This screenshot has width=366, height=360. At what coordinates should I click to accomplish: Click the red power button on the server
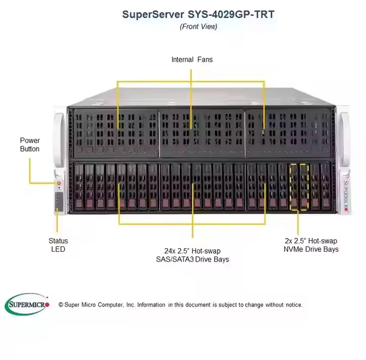click(x=59, y=183)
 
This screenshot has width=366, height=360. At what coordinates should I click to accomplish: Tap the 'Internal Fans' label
click(x=192, y=59)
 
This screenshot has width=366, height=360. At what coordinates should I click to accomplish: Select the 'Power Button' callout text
click(x=29, y=145)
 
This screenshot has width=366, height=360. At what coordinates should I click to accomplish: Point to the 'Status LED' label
click(x=58, y=245)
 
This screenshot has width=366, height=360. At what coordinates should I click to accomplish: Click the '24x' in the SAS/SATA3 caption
click(x=170, y=251)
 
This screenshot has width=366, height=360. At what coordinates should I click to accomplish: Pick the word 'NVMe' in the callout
click(x=293, y=249)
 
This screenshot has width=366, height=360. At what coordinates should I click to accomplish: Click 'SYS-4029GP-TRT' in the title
click(x=231, y=14)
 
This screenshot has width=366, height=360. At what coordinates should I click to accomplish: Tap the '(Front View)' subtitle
click(x=198, y=26)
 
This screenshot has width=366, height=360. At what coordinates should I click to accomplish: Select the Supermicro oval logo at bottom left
click(x=27, y=304)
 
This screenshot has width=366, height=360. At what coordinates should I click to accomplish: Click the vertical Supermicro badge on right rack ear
click(x=346, y=196)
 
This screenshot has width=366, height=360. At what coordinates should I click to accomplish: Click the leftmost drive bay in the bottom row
click(x=79, y=186)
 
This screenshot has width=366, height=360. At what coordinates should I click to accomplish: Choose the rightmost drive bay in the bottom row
click(x=326, y=186)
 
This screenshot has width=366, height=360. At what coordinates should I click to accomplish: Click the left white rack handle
click(x=59, y=140)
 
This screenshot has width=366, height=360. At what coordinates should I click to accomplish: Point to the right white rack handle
click(x=344, y=139)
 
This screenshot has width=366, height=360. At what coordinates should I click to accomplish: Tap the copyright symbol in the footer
click(x=61, y=305)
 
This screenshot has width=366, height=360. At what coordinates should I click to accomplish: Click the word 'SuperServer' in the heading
click(x=153, y=14)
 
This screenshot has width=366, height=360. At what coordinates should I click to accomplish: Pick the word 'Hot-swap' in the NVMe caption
click(x=323, y=241)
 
